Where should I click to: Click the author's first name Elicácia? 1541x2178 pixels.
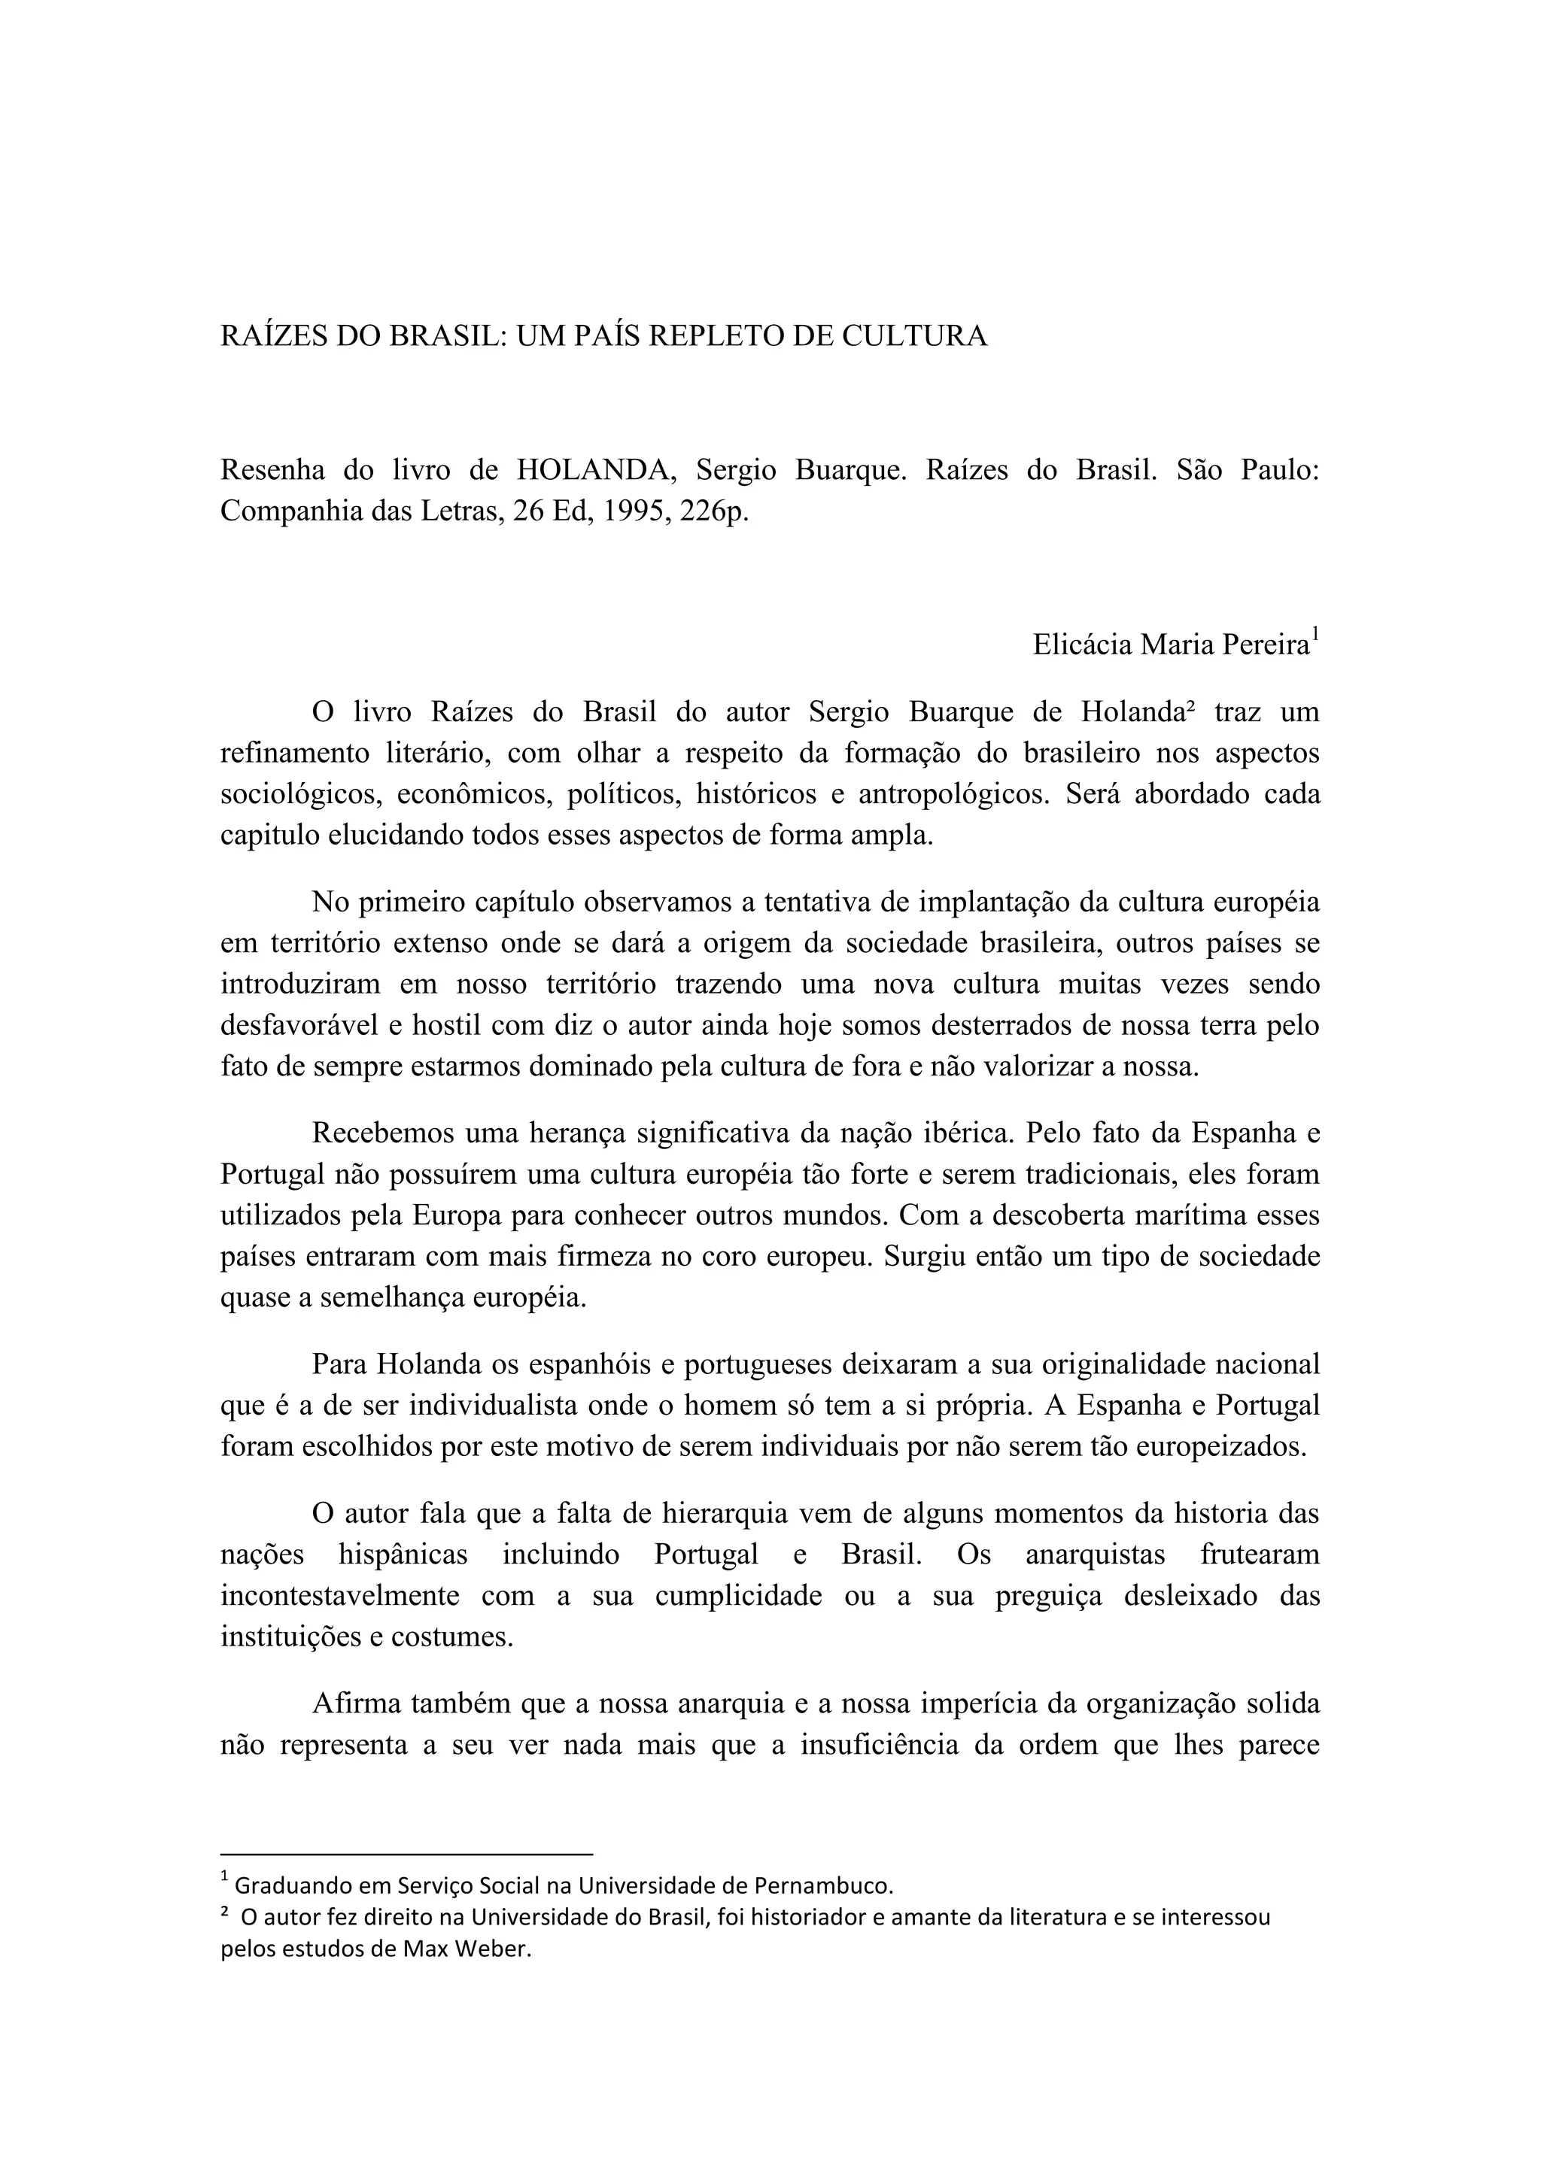click(1082, 645)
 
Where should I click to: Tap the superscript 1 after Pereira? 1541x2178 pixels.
click(1315, 635)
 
